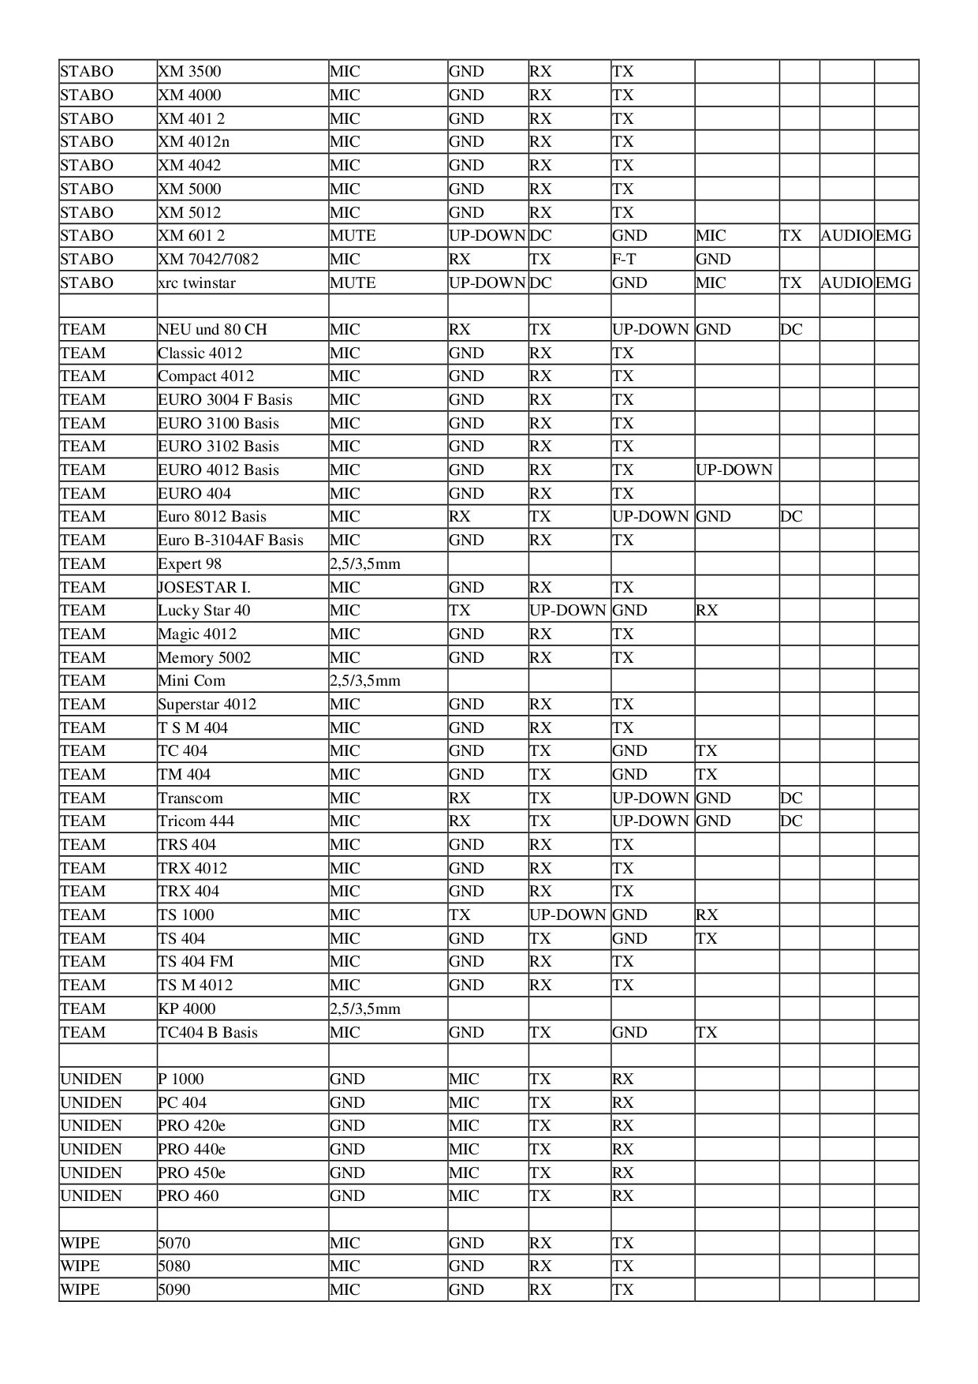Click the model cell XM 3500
[x=190, y=72]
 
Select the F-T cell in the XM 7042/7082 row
[x=624, y=260]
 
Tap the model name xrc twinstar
[x=197, y=283]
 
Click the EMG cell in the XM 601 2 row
[x=894, y=236]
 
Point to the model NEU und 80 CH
[x=213, y=330]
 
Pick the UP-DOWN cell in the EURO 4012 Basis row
[x=734, y=470]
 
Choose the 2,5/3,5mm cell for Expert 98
[x=365, y=564]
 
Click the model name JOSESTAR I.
[x=204, y=588]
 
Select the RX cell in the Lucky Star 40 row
[x=707, y=611]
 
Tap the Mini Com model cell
[x=192, y=681]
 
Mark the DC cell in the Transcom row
[x=791, y=799]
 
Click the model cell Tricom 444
[x=196, y=821]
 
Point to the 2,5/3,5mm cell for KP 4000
[x=365, y=1009]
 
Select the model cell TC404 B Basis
[x=208, y=1033]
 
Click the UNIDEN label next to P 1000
[x=91, y=1079]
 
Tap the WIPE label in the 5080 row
[x=80, y=1266]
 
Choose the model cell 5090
[x=174, y=1290]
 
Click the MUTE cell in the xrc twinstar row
[x=353, y=283]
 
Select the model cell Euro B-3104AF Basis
[x=231, y=541]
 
